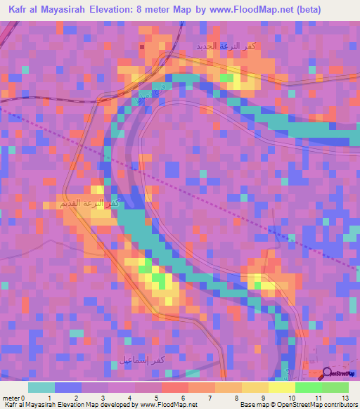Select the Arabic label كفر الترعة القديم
pyautogui.click(x=89, y=204)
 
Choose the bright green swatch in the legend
pyautogui.click(x=308, y=387)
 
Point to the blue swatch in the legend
pyautogui.click(x=67, y=387)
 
